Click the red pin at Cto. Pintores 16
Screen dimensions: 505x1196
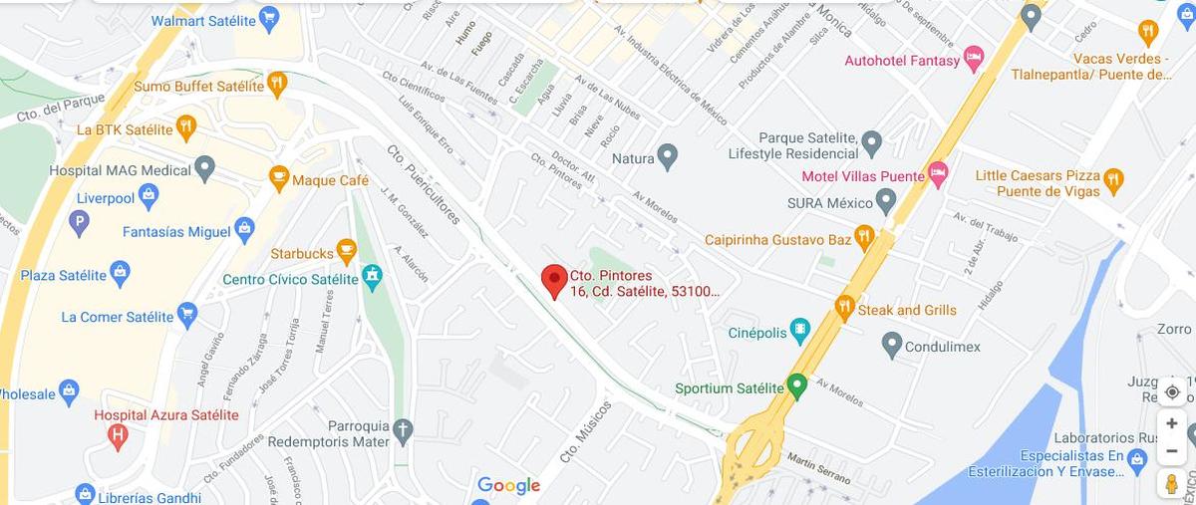(554, 280)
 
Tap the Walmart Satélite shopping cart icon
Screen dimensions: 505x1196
(268, 18)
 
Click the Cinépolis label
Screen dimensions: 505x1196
(756, 333)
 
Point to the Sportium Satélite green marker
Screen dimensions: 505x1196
(795, 385)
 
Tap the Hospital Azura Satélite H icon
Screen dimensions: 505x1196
(118, 434)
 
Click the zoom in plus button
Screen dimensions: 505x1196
(1172, 423)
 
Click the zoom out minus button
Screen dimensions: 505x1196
(1172, 450)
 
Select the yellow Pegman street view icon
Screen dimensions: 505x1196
(1172, 483)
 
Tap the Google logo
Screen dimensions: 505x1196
(508, 486)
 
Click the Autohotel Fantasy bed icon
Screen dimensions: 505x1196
(974, 59)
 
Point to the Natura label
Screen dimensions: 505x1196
(632, 158)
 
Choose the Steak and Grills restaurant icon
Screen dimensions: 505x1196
(845, 308)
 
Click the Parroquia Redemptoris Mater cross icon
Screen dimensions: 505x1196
(402, 430)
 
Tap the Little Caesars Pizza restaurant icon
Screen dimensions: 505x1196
(1113, 181)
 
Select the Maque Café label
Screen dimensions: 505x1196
(330, 180)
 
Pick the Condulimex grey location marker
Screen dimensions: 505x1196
(892, 346)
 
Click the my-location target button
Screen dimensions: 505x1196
(1172, 391)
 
